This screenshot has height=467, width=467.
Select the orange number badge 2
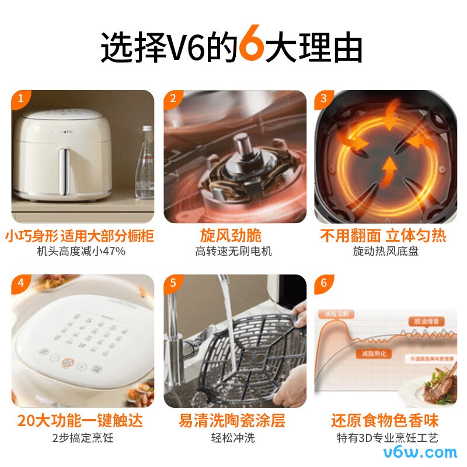tap(172, 99)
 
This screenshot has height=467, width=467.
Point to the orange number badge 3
tap(323, 99)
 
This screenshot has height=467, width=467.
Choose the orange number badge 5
tap(172, 284)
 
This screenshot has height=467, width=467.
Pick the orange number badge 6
tap(323, 284)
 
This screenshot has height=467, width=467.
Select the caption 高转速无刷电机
tap(233, 252)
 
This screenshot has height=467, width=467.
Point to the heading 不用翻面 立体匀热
tap(383, 236)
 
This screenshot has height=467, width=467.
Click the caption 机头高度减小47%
tap(81, 252)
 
